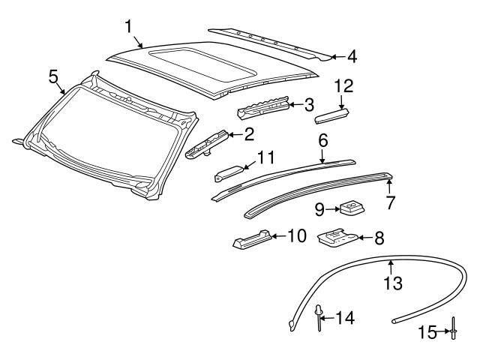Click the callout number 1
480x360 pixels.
129,27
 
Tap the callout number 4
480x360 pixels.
352,55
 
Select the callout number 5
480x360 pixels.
52,76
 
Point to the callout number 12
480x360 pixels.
343,86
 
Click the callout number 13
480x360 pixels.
393,283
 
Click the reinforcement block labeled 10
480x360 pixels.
251,239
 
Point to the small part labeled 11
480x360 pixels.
229,172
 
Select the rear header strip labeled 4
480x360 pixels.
270,41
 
